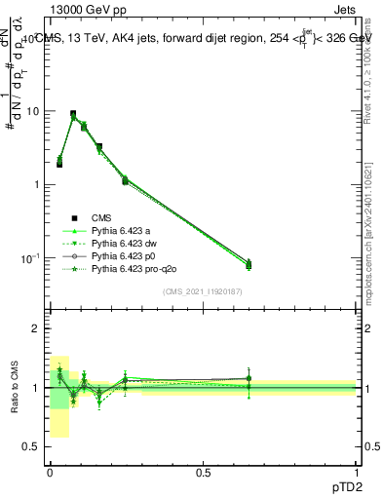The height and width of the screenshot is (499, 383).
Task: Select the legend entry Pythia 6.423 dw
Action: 121,243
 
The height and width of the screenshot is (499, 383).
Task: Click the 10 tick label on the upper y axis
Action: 32,111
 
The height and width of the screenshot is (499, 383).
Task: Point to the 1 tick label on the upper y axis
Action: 35,184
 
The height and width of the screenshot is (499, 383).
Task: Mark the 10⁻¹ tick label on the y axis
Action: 28,257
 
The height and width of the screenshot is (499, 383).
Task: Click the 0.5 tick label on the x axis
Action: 202,472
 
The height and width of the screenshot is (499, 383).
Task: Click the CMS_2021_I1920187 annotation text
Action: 203,291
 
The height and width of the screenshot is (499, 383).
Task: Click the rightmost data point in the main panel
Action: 249,264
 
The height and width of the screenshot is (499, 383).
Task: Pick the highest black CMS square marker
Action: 73,114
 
